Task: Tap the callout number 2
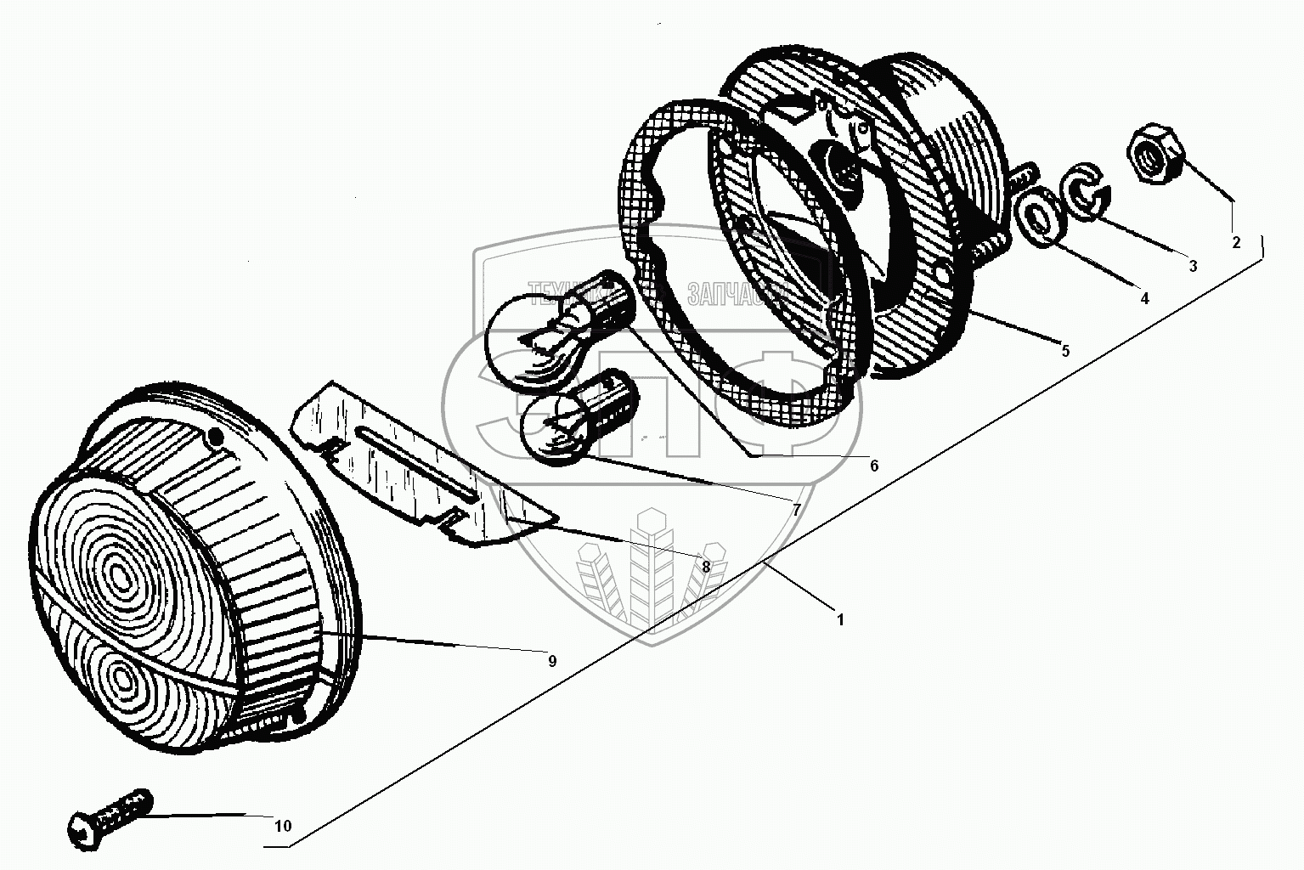tap(1236, 242)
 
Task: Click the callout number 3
tap(1193, 266)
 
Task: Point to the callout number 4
tap(1144, 298)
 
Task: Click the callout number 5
tap(1065, 350)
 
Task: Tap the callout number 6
tap(873, 466)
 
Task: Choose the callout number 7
tap(796, 510)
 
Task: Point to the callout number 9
tap(552, 661)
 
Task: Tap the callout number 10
tap(283, 826)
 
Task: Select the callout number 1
tap(841, 619)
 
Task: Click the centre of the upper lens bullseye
tap(119, 578)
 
